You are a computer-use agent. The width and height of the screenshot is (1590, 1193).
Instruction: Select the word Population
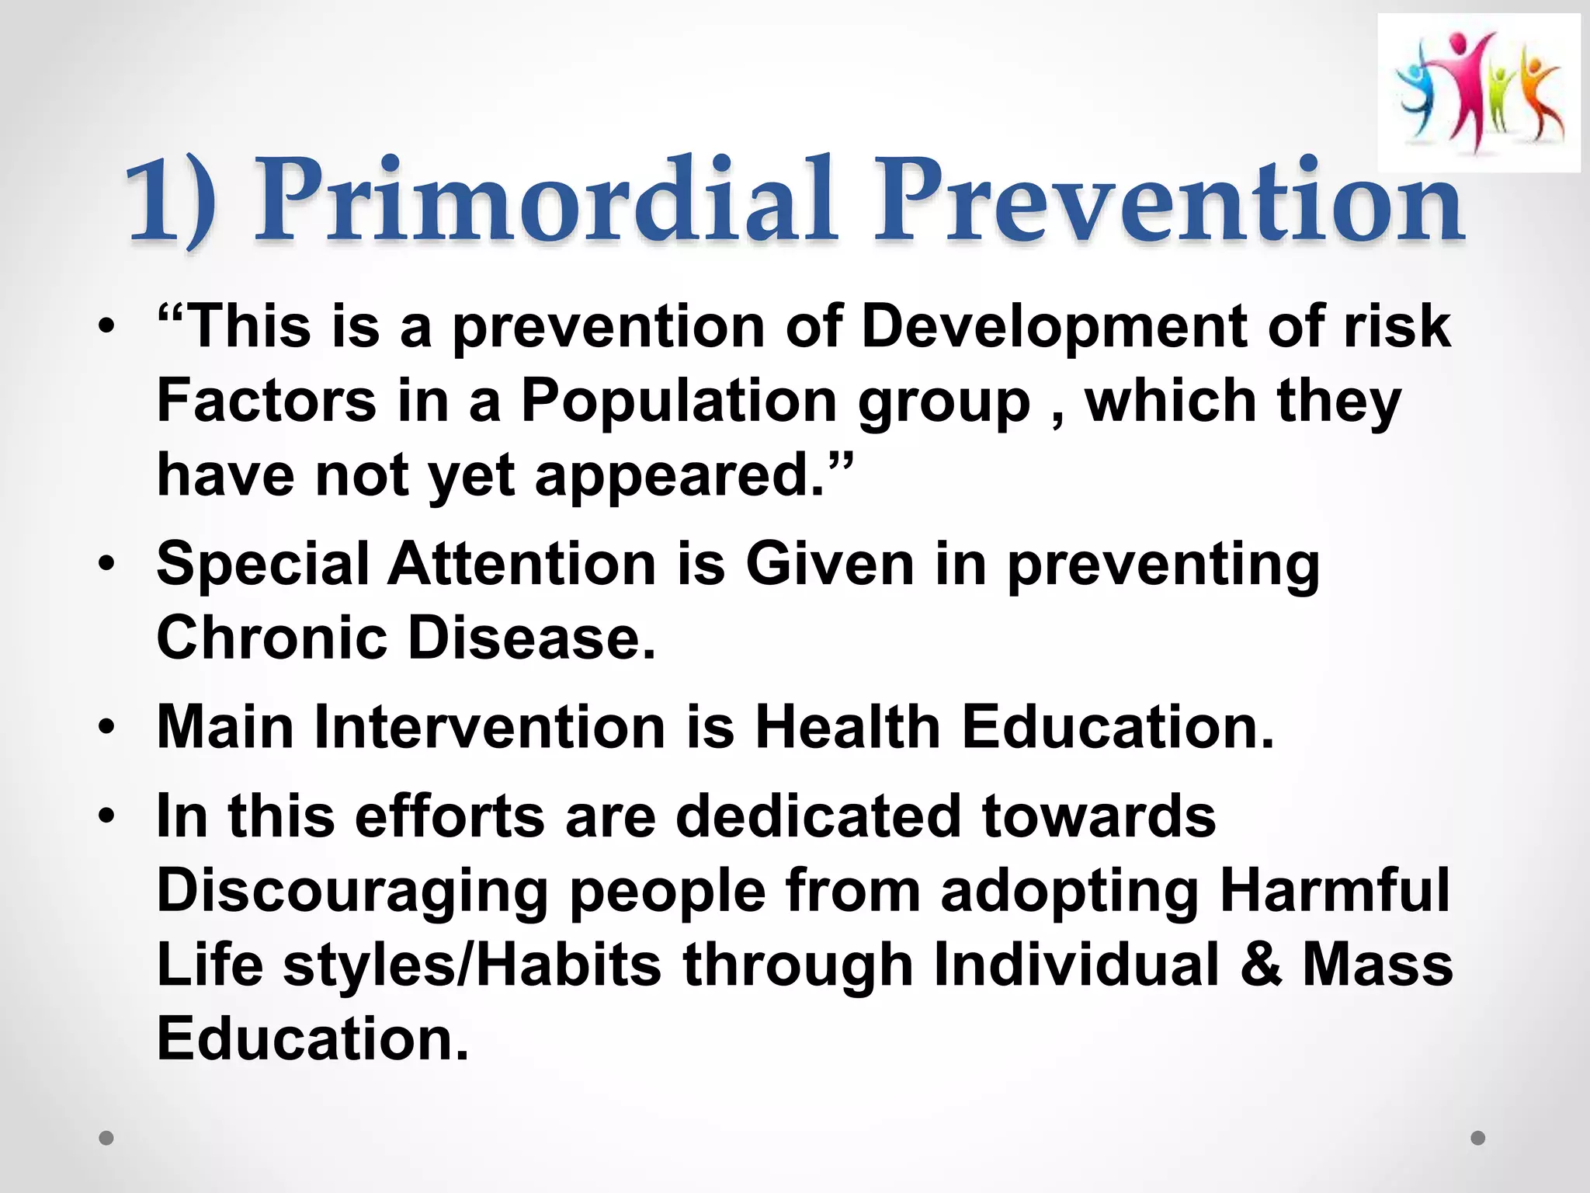679,402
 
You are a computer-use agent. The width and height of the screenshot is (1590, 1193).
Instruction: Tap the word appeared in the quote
679,475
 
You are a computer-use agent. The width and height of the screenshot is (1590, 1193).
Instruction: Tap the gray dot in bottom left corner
107,1138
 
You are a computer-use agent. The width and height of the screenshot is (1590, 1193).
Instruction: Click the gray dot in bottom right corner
1478,1138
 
